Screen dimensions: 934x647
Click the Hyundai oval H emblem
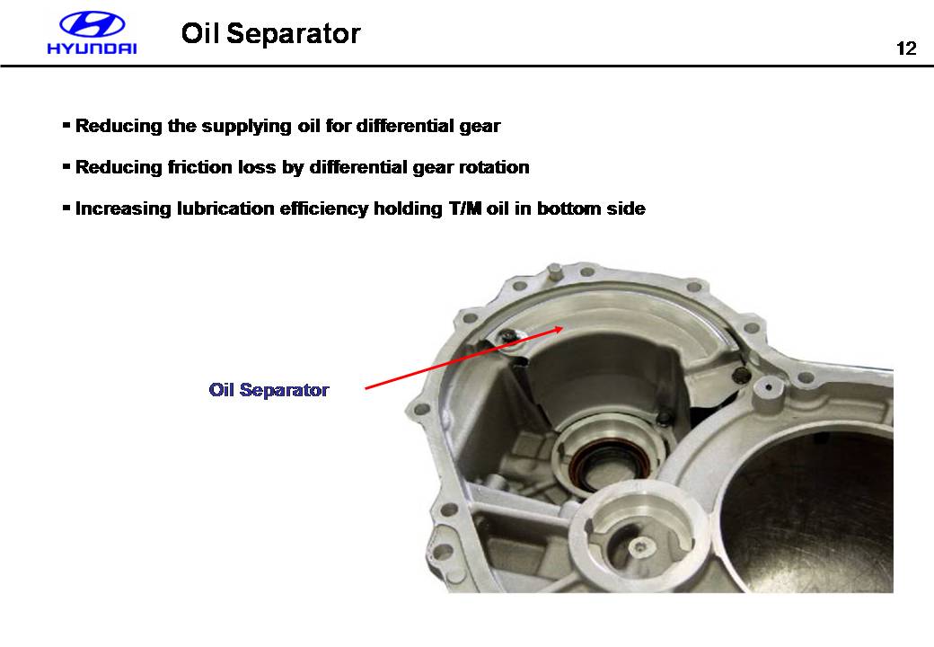pos(92,26)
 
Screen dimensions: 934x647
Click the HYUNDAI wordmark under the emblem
pos(92,49)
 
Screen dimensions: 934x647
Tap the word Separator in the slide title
pos(293,33)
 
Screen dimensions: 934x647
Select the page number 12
pos(906,49)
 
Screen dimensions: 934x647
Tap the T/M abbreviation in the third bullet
pos(465,208)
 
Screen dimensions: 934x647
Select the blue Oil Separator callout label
pos(269,390)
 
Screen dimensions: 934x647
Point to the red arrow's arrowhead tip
pos(563,327)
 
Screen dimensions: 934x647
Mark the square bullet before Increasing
pos(66,208)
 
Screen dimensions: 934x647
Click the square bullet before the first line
pos(66,125)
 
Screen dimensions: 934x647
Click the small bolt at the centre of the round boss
pos(639,547)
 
